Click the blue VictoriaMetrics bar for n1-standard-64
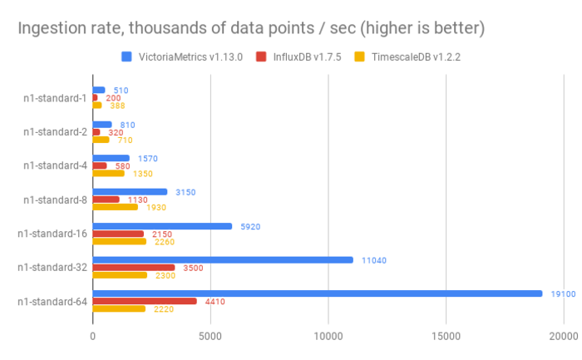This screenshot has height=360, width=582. (316, 293)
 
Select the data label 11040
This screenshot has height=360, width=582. (373, 260)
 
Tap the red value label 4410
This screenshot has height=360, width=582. (216, 301)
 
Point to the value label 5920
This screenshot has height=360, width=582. (251, 225)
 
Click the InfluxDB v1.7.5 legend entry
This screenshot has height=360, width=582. (299, 57)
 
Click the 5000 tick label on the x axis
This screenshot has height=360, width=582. (210, 336)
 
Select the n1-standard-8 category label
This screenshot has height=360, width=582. (54, 199)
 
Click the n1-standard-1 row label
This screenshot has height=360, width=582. (54, 97)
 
